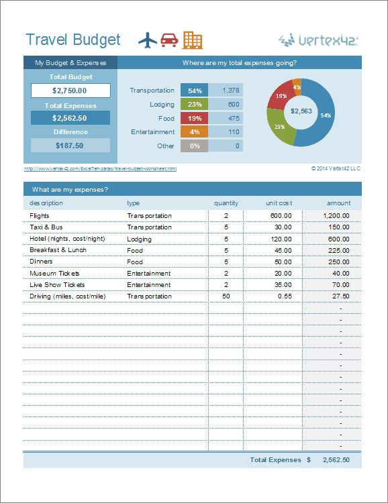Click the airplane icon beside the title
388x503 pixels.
(x=148, y=40)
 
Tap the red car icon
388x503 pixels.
(x=169, y=40)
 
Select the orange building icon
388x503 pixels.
(x=192, y=40)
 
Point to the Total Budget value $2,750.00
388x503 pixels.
(x=70, y=91)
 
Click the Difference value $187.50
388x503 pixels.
(x=70, y=146)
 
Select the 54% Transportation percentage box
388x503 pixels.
(x=195, y=91)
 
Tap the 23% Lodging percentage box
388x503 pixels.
(x=195, y=105)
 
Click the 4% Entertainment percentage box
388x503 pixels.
(x=195, y=132)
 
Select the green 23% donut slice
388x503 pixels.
(x=281, y=126)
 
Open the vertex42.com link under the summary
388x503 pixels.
(x=100, y=168)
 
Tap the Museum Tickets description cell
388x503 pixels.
(x=54, y=274)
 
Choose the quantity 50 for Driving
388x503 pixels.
(x=226, y=296)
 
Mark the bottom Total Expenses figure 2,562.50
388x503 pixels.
(x=336, y=460)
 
